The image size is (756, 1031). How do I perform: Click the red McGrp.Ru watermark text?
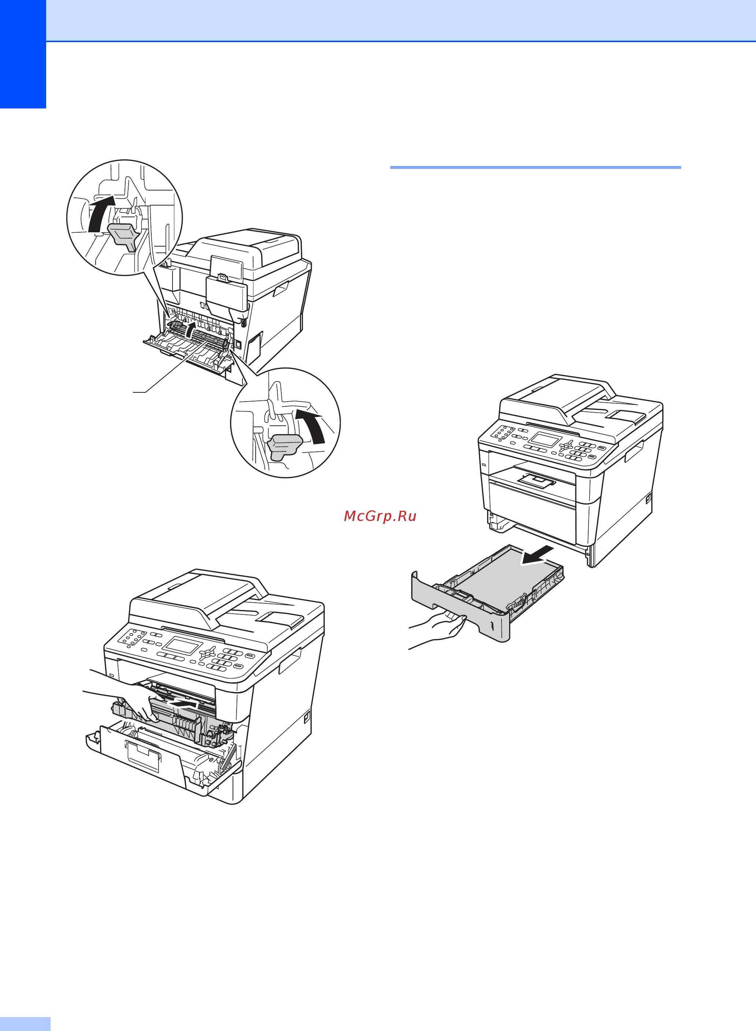point(380,516)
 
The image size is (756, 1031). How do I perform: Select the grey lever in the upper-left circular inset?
point(123,236)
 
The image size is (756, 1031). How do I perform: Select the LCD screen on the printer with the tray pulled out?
point(545,440)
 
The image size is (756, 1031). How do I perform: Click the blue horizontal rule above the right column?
point(535,167)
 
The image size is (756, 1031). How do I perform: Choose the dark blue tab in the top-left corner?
point(23,54)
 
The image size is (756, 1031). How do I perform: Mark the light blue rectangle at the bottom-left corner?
point(25,1024)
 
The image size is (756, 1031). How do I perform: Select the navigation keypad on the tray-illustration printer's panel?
point(567,446)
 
